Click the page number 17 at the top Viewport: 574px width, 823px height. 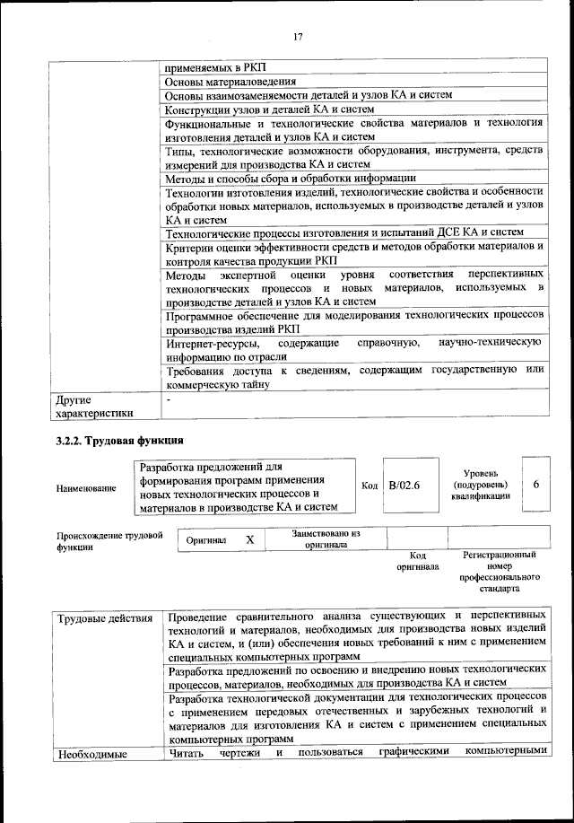pyautogui.click(x=298, y=37)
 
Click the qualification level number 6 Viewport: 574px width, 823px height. pyautogui.click(x=535, y=485)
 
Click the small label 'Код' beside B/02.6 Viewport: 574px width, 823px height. pyautogui.click(x=369, y=486)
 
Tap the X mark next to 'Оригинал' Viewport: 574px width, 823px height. pyautogui.click(x=250, y=540)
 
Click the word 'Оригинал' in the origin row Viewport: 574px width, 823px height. pyautogui.click(x=206, y=541)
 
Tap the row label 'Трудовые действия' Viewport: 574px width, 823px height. pyautogui.click(x=103, y=618)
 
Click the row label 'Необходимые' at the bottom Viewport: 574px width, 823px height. pyautogui.click(x=91, y=754)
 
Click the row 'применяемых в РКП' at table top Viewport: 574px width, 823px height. pyautogui.click(x=216, y=66)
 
